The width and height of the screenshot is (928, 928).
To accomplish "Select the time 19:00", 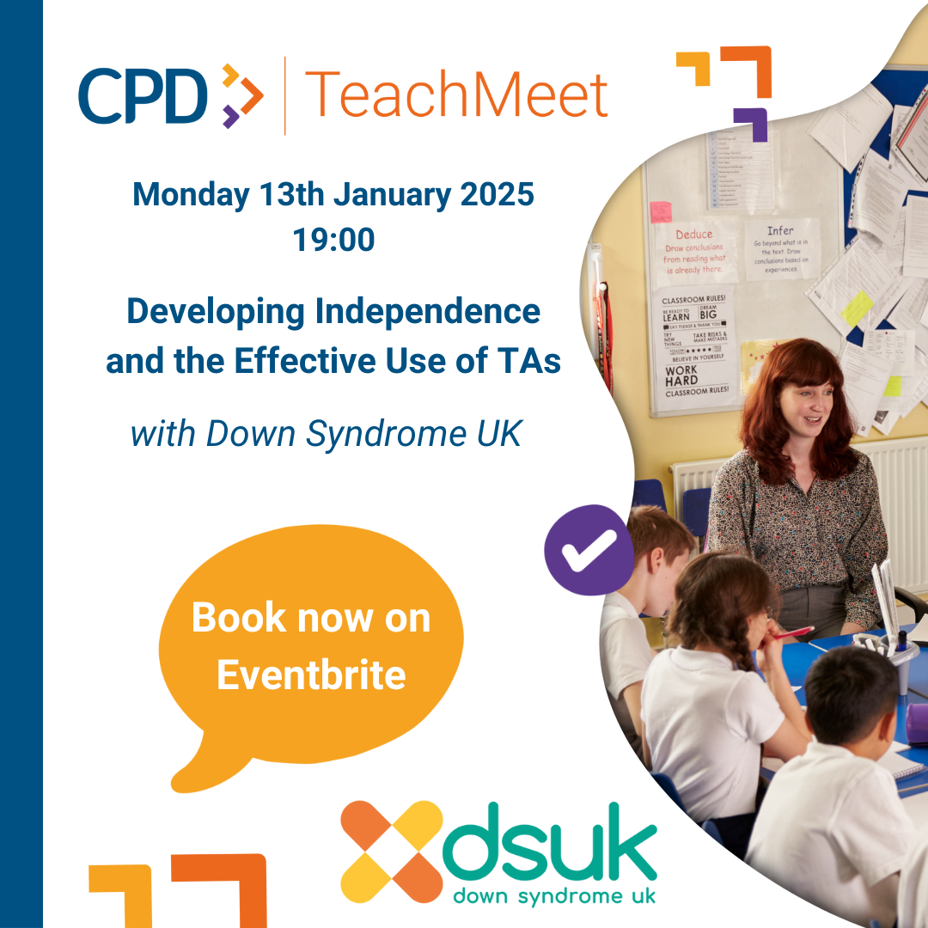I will pyautogui.click(x=333, y=240).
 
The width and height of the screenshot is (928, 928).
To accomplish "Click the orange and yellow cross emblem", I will pyautogui.click(x=392, y=851).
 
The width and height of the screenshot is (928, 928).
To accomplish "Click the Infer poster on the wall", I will pyautogui.click(x=780, y=249).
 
